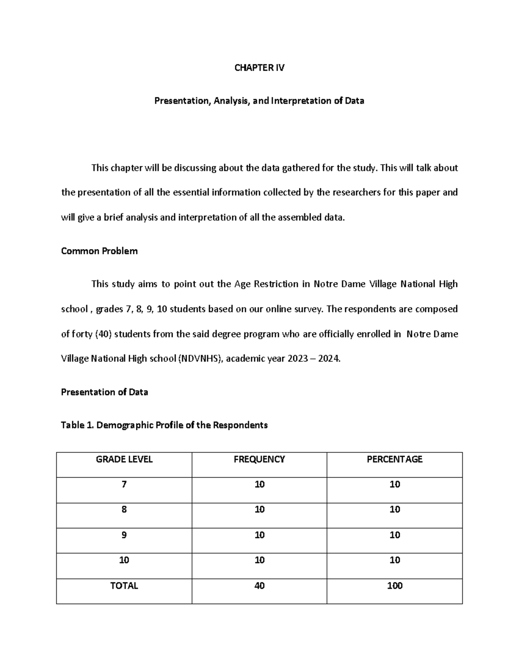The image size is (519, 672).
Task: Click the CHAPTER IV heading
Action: coord(259,68)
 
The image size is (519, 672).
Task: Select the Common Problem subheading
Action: coord(99,251)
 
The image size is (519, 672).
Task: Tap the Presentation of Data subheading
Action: coord(104,392)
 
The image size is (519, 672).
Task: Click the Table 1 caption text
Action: coord(164,425)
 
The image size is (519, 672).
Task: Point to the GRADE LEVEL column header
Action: coord(124,460)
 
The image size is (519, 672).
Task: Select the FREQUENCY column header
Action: coord(259,460)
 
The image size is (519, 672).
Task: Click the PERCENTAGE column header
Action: coord(394,460)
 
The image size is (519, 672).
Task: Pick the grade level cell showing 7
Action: coord(124,485)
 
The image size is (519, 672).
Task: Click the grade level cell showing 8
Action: coord(124,510)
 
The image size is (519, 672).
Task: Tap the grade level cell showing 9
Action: coord(124,535)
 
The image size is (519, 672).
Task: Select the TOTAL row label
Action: coord(124,586)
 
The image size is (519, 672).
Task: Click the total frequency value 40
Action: coord(259,586)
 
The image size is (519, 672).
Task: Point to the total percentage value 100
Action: coord(394,586)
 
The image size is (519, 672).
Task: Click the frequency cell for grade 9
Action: coord(259,535)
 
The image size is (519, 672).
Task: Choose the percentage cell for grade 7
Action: coord(394,485)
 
